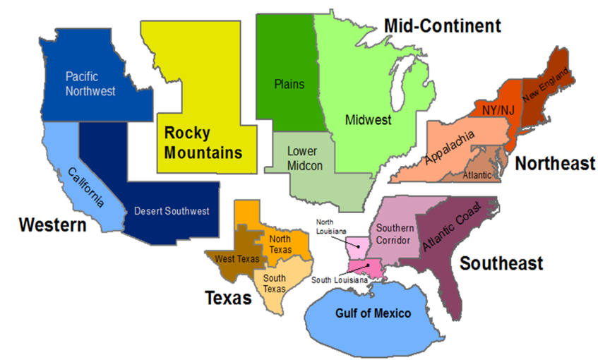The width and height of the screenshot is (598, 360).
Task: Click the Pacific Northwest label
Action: [90, 83]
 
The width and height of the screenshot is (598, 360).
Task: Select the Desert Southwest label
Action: [172, 211]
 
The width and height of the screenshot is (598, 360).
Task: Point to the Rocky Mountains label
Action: [203, 142]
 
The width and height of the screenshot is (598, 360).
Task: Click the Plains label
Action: [289, 84]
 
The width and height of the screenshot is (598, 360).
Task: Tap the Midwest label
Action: [368, 120]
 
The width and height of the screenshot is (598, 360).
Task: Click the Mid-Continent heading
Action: [443, 27]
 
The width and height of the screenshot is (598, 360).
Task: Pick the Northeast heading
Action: [554, 164]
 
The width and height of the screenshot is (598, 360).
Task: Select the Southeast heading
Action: [501, 263]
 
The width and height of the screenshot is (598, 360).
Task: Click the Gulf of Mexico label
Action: [373, 312]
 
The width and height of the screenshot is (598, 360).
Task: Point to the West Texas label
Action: [237, 258]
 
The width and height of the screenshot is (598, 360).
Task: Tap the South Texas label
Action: [274, 284]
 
